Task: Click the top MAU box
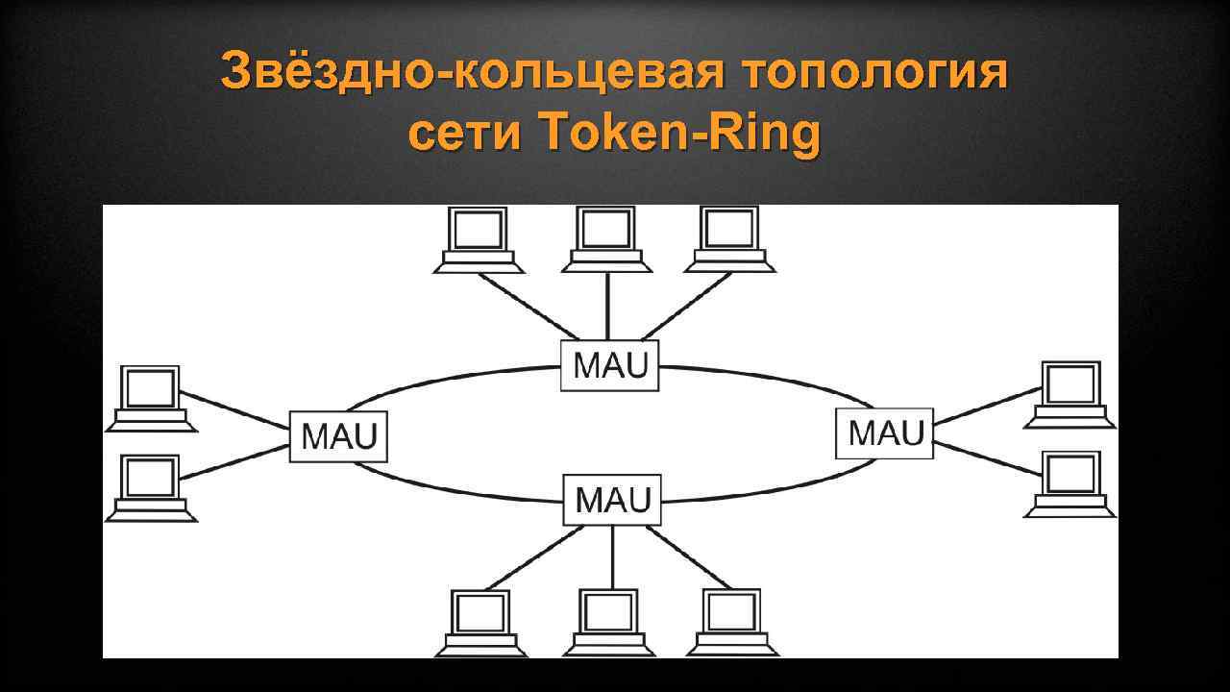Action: (x=610, y=365)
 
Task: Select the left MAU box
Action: (x=338, y=436)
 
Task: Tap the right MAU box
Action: (x=885, y=432)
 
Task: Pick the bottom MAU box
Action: (x=612, y=500)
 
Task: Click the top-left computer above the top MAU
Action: (x=479, y=239)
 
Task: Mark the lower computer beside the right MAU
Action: (x=1070, y=483)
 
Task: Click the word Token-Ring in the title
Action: (x=681, y=135)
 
